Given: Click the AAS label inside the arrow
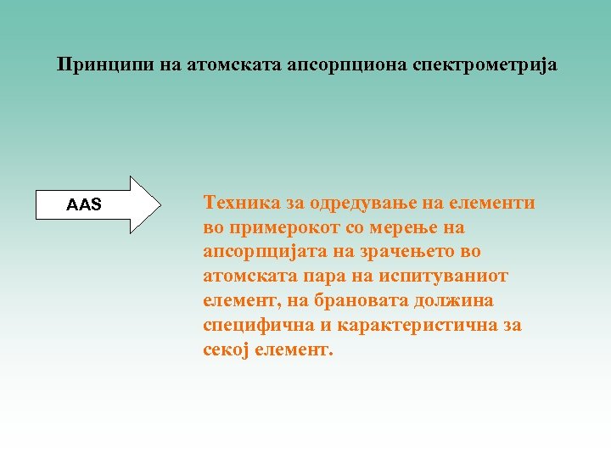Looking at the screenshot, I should click(x=84, y=204).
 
